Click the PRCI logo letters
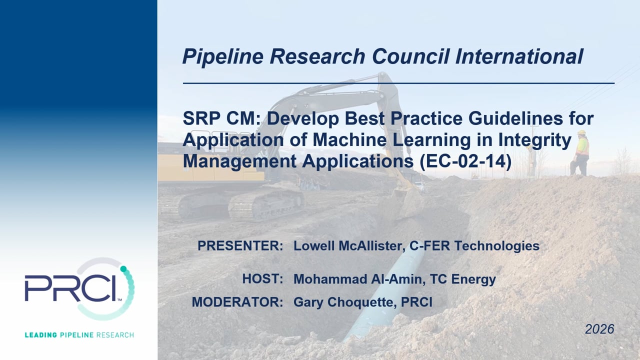pyautogui.click(x=70, y=287)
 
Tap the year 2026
pyautogui.click(x=599, y=329)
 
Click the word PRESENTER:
pyautogui.click(x=240, y=245)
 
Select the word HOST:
pyautogui.click(x=262, y=278)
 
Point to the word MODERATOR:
pyautogui.click(x=237, y=302)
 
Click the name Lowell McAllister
pyautogui.click(x=349, y=245)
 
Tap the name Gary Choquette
pyautogui.click(x=345, y=302)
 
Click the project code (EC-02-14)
pyautogui.click(x=465, y=161)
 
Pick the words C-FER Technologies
pyautogui.click(x=474, y=245)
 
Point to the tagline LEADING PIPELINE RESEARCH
pyautogui.click(x=79, y=335)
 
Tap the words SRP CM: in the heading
pyautogui.click(x=221, y=118)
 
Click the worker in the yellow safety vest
pyautogui.click(x=580, y=153)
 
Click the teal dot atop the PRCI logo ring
pyautogui.click(x=123, y=269)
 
